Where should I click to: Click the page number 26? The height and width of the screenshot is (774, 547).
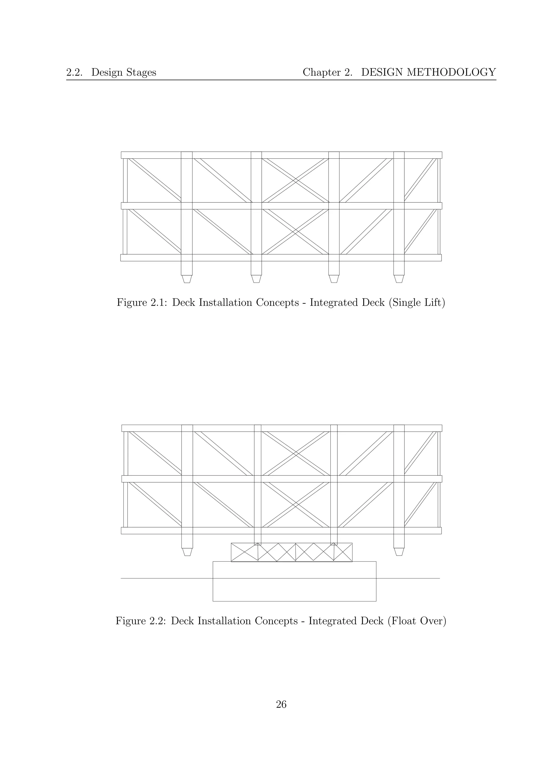click(281, 704)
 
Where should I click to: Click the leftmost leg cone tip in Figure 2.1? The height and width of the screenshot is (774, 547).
click(187, 279)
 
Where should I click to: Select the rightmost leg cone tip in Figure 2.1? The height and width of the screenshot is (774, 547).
click(399, 279)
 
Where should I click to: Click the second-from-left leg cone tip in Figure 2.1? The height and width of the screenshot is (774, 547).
click(256, 279)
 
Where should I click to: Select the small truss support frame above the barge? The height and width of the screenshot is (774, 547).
click(292, 552)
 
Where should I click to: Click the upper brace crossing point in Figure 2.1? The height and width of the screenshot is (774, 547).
click(295, 180)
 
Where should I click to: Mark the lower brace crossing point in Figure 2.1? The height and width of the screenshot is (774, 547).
click(295, 232)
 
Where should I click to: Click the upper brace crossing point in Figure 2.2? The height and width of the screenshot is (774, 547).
click(296, 454)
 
